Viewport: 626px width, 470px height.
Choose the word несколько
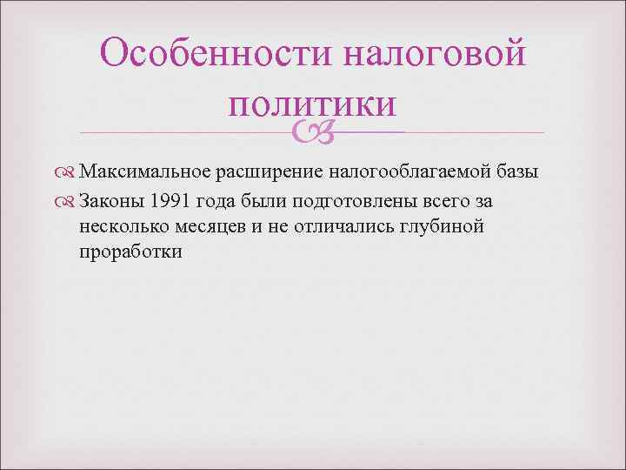[x=118, y=228]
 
